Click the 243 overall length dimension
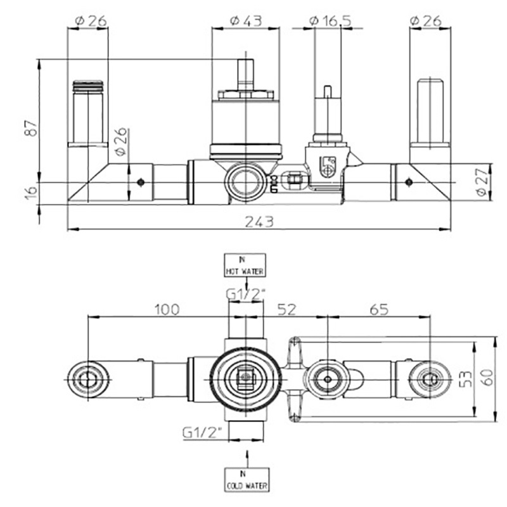[259, 221]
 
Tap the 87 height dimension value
[32, 128]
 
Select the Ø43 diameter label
[246, 21]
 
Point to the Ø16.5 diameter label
[330, 21]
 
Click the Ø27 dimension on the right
[482, 182]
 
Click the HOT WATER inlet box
[245, 265]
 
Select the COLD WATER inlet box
[247, 480]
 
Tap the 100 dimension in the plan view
[167, 309]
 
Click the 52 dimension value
[287, 309]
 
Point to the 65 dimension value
[379, 309]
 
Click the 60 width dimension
[487, 377]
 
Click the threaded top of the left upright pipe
[87, 86]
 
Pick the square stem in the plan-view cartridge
[245, 378]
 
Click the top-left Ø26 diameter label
[91, 21]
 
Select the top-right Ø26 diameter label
[425, 21]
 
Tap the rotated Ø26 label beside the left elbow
[120, 141]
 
